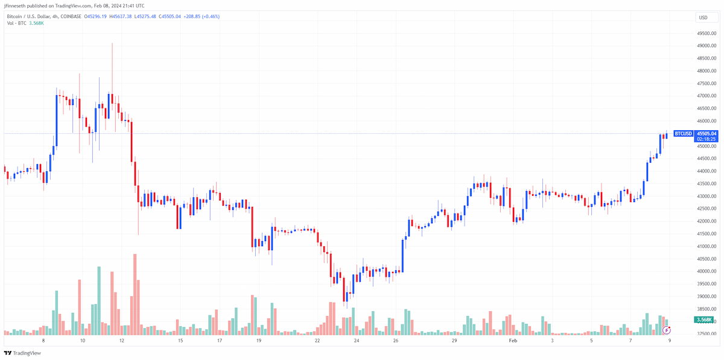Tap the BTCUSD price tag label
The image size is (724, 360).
pyautogui.click(x=683, y=133)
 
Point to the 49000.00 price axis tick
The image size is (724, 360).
pyautogui.click(x=707, y=46)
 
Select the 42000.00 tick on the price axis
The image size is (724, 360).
pyautogui.click(x=707, y=221)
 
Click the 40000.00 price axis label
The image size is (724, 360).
pyautogui.click(x=707, y=271)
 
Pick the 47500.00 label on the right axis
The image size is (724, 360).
pyautogui.click(x=707, y=83)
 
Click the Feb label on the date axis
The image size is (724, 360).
pyautogui.click(x=513, y=340)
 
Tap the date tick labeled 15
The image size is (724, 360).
pyautogui.click(x=180, y=340)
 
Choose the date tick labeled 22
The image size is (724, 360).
pyautogui.click(x=317, y=340)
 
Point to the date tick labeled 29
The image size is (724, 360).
pyautogui.click(x=454, y=340)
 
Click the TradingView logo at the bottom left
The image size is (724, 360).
pyautogui.click(x=23, y=353)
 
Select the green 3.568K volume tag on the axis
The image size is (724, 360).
pyautogui.click(x=703, y=320)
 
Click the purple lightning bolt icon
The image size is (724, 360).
pyautogui.click(x=667, y=330)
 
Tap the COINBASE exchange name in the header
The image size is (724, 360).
pyautogui.click(x=71, y=16)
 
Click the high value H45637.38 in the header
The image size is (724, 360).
pyautogui.click(x=121, y=16)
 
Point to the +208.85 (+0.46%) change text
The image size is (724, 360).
pyautogui.click(x=202, y=16)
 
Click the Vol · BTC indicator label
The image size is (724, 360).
pyautogui.click(x=16, y=24)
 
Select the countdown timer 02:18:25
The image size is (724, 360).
pyautogui.click(x=707, y=139)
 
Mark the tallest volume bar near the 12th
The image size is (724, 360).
pyautogui.click(x=135, y=294)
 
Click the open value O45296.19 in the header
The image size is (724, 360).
pyautogui.click(x=95, y=16)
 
